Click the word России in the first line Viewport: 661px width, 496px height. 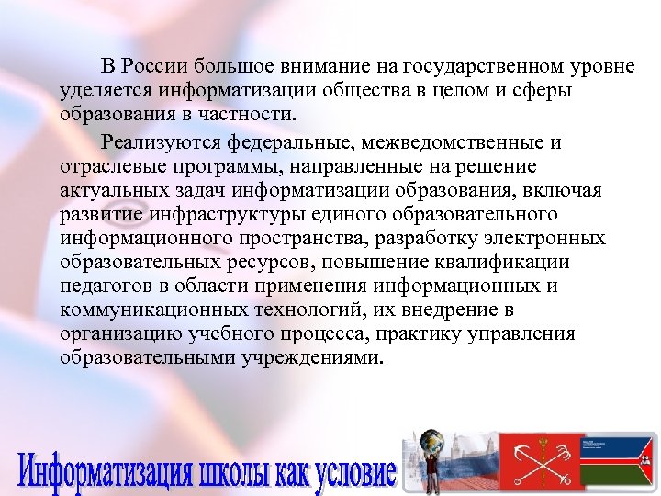155,68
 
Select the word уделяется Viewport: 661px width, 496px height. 105,92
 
